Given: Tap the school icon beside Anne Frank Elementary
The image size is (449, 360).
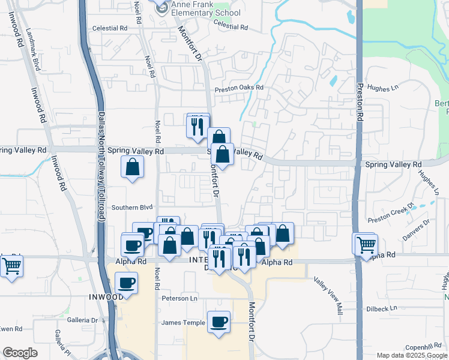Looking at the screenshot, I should click(161, 7).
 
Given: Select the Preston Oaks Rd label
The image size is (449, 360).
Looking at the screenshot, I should click(240, 88).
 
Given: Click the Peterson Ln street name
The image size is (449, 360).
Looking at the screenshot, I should click(179, 298).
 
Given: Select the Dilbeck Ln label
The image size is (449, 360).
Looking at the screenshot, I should click(381, 308).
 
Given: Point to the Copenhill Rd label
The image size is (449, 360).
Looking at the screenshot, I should click(423, 347).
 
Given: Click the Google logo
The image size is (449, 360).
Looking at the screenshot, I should click(20, 353).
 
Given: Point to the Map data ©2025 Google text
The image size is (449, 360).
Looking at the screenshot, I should click(412, 355).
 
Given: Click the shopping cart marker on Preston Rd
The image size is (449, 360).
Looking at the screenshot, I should click(366, 244).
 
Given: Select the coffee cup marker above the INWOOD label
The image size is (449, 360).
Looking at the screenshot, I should click(126, 283).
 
